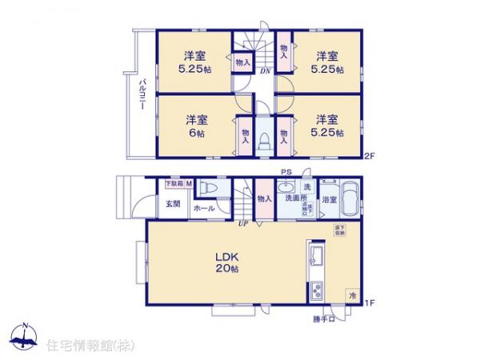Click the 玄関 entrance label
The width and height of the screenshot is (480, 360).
(173, 203)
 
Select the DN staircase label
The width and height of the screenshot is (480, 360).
(264, 70)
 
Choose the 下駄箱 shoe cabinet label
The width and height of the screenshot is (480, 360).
(174, 183)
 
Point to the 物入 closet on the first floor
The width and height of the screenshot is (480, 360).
(264, 198)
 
